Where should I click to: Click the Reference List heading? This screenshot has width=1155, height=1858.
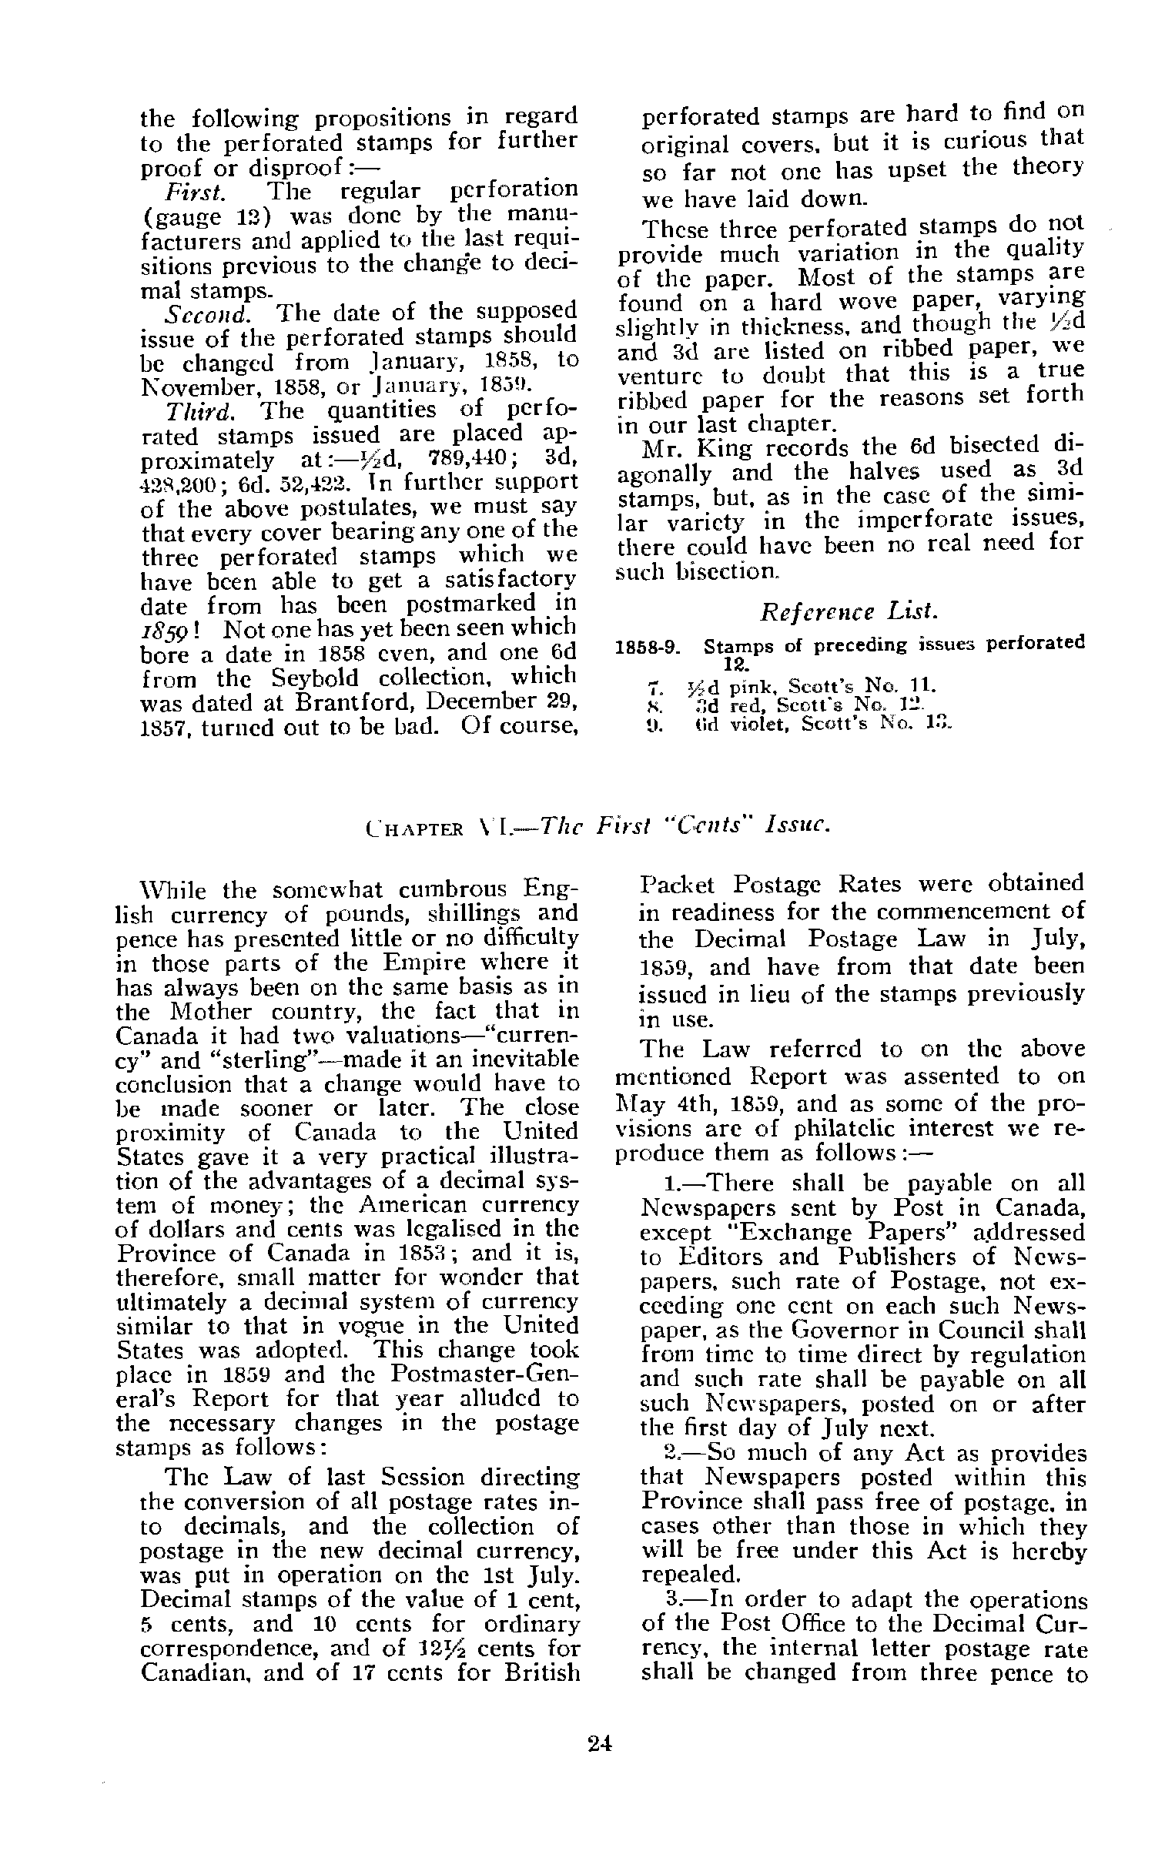click(x=849, y=612)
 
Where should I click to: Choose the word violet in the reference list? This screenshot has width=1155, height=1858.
click(x=770, y=724)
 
